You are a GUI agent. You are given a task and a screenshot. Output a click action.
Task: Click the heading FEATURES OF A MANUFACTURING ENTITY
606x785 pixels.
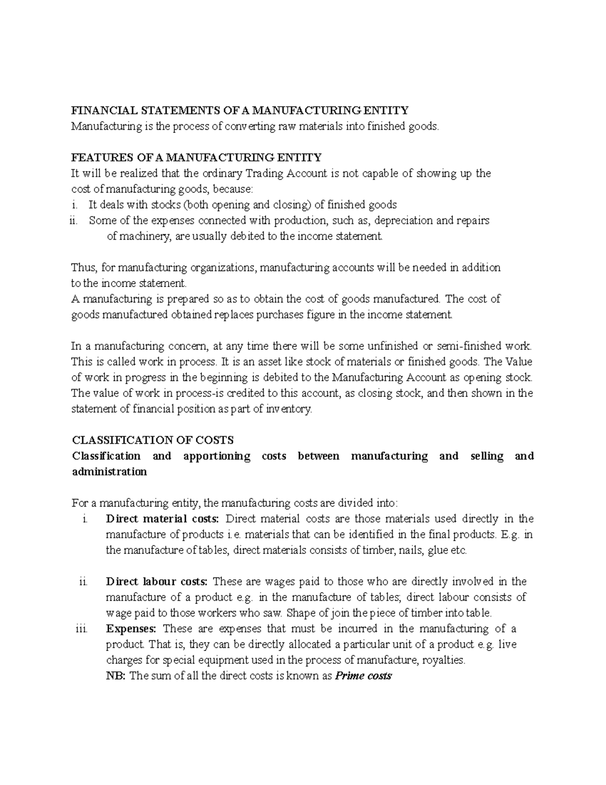[196, 158]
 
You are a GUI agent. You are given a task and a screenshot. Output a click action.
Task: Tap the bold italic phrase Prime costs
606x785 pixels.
[364, 676]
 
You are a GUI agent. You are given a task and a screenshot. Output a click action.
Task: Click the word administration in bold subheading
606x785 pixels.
[109, 472]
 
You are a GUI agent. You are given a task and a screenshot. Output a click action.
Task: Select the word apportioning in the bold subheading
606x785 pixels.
[217, 456]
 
